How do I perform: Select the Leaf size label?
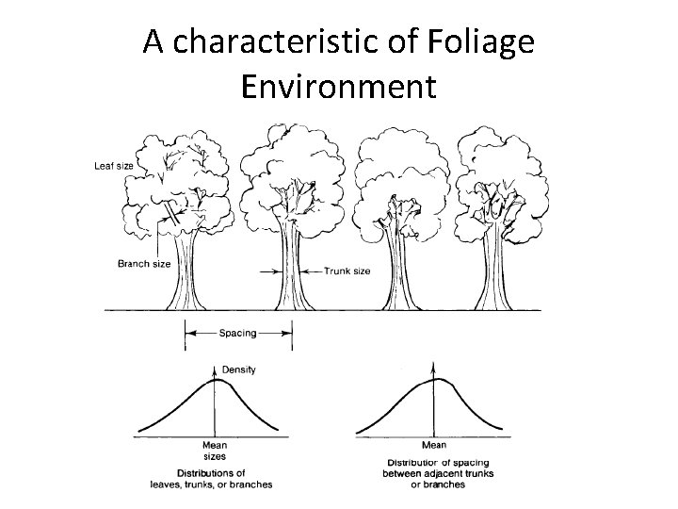(x=114, y=166)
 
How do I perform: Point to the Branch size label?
(x=144, y=264)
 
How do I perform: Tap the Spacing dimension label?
(x=238, y=333)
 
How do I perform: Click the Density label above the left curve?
(x=238, y=369)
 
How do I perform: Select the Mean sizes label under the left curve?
(x=215, y=451)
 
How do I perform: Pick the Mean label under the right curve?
(x=434, y=445)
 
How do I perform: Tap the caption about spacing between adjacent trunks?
(x=438, y=474)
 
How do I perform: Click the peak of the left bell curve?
(x=216, y=379)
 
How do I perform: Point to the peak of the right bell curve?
(x=434, y=379)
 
